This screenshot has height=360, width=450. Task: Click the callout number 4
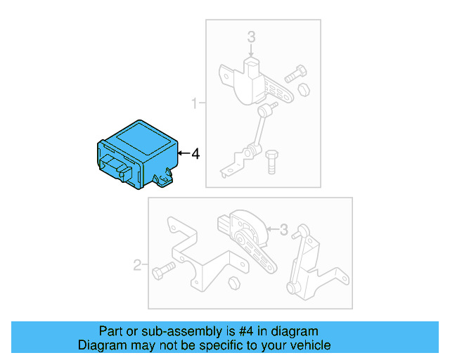coord(195,153)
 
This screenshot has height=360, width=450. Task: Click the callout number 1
coord(195,105)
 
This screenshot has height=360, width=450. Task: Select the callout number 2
coord(138,265)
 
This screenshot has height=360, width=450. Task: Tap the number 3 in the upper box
coord(251,37)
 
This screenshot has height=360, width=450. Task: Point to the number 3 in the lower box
coord(284,229)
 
